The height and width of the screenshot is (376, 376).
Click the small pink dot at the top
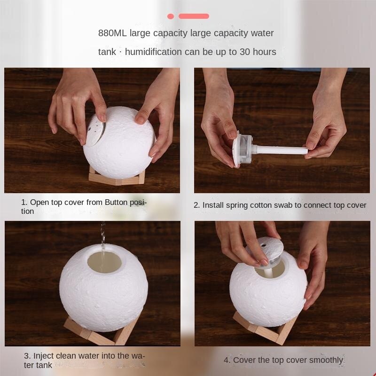point(171,16)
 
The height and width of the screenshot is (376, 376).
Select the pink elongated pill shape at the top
point(194,16)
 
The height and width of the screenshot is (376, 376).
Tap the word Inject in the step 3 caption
point(43,356)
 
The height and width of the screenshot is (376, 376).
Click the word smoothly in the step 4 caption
point(327,360)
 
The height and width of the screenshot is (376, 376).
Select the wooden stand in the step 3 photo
point(101,331)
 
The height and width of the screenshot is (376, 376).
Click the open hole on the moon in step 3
point(105,261)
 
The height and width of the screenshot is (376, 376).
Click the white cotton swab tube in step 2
point(279,150)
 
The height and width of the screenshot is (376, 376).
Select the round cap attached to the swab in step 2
point(242,148)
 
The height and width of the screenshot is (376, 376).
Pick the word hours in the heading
point(264,52)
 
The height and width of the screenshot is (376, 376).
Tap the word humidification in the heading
point(153,52)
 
